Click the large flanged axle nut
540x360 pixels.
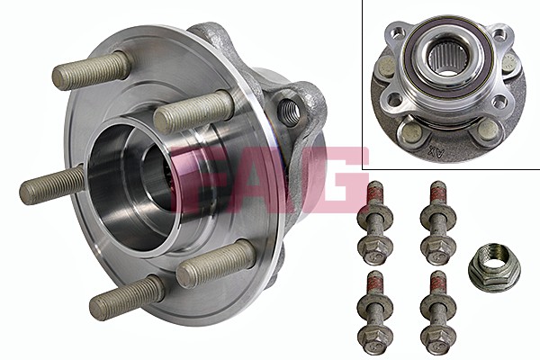pos(494,265)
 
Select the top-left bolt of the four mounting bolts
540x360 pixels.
pos(374,223)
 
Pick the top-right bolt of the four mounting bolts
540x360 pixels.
pos(438,223)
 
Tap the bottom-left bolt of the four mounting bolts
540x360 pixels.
pos(374,312)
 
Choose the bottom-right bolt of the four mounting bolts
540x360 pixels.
pos(438,312)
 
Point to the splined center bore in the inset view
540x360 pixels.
pos(443,59)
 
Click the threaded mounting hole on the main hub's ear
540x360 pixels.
pos(288,112)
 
